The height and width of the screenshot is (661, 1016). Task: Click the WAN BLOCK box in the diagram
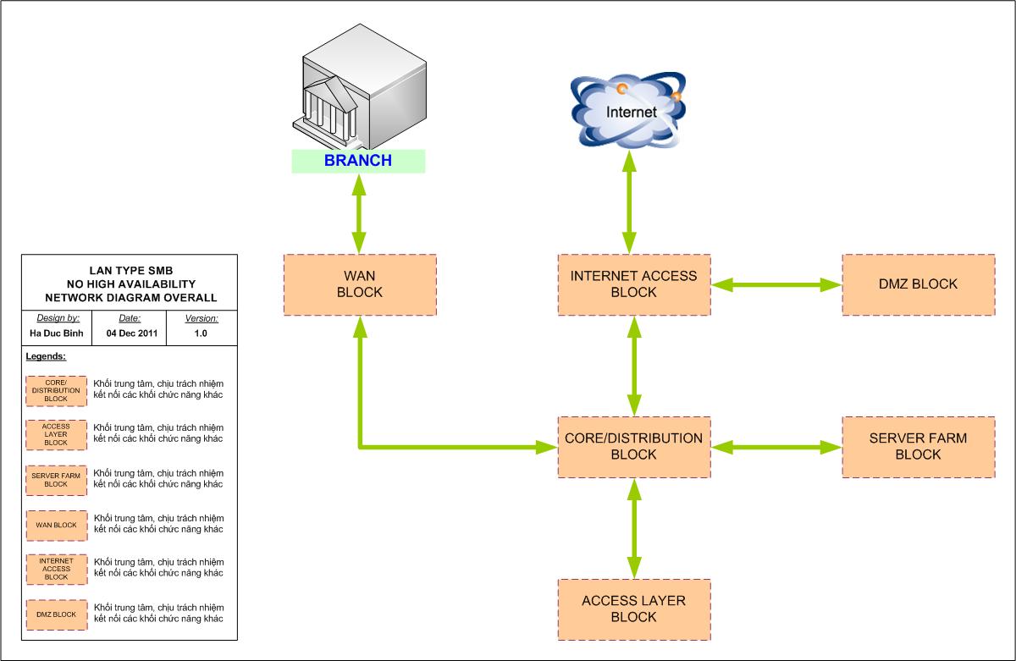360,284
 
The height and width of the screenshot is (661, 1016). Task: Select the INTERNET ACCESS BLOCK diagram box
633,284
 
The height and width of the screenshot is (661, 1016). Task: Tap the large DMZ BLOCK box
918,284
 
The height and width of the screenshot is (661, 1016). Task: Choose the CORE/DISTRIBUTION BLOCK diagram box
633,446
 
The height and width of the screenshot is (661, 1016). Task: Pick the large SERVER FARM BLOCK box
918,446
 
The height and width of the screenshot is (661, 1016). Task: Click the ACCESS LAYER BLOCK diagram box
633,609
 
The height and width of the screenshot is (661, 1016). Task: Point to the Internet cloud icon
628,109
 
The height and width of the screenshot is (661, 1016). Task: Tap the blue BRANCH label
358,160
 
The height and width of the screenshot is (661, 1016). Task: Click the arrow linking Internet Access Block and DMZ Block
776,286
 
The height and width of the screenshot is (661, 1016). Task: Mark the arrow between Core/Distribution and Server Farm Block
776,447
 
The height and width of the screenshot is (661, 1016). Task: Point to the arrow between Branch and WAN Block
360,212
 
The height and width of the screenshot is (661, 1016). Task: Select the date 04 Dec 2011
130,333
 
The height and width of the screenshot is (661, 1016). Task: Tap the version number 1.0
202,333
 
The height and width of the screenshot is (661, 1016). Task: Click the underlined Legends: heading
46,357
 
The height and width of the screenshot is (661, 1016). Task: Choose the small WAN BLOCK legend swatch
56,525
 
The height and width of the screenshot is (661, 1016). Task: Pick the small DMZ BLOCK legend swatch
56,614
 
